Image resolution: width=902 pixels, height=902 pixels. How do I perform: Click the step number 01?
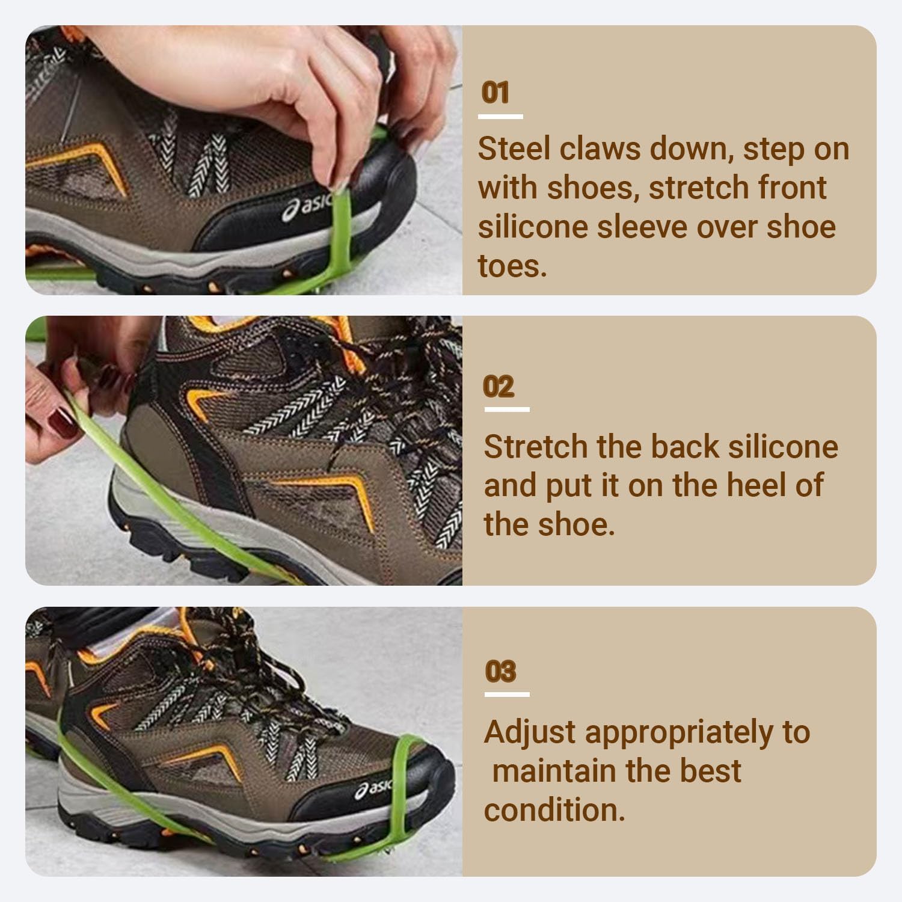coord(496,93)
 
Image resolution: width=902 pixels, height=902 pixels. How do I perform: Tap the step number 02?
coord(499,387)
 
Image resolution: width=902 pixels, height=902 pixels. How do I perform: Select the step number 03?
coord(500,672)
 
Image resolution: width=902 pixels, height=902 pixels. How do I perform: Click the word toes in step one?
coord(512,265)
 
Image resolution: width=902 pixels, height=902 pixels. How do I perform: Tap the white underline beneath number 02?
coord(507,410)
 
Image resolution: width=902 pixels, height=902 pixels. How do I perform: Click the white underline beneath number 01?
coord(501,117)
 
